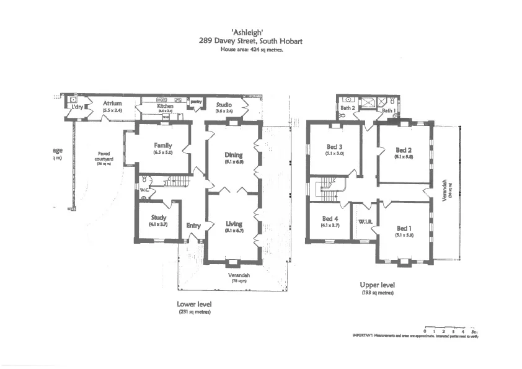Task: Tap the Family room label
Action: coord(163,146)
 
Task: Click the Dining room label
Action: coord(234,155)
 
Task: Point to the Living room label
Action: coord(234,224)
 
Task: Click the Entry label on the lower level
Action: coord(193,226)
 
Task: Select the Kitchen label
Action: coord(165,107)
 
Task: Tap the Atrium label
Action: coord(112,104)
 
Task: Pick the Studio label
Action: coord(224,105)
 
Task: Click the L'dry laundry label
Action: coord(77,107)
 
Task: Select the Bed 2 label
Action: coord(404,150)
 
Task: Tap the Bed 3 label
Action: coord(335,147)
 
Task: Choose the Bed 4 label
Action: coord(330,219)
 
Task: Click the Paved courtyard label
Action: coord(104,155)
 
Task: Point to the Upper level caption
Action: coord(378,285)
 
